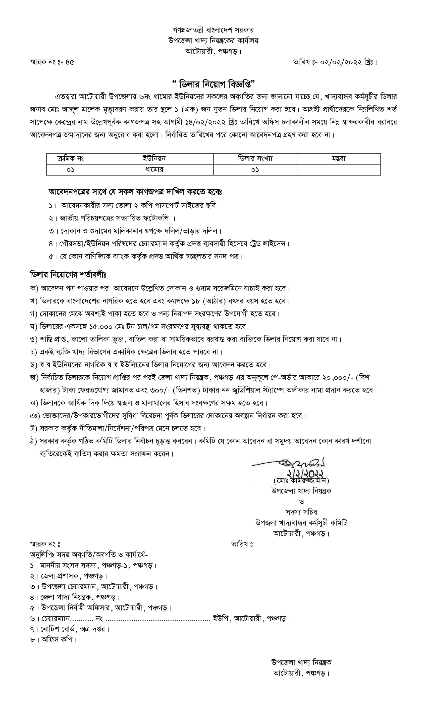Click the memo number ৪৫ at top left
69,62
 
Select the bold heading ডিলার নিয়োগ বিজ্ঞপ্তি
213,84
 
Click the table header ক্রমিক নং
71,159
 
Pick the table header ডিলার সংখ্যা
255,159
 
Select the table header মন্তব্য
339,159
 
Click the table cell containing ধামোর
154,170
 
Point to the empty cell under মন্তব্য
339,170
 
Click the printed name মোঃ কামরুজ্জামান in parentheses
301,480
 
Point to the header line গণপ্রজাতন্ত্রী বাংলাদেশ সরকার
213,30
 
